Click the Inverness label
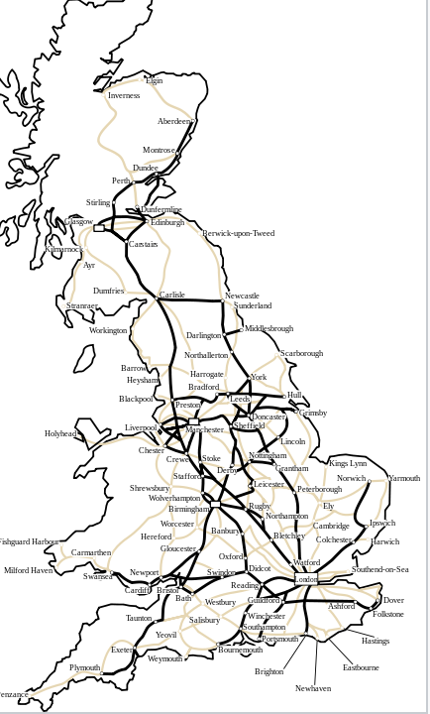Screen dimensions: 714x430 point(124,96)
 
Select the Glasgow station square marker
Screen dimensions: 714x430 point(98,228)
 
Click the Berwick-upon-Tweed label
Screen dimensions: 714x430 point(238,234)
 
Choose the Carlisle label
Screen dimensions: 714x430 point(171,296)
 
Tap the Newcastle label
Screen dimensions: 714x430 point(242,297)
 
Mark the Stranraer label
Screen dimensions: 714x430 point(82,306)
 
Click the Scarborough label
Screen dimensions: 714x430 point(301,354)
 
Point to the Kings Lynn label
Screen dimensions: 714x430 point(348,464)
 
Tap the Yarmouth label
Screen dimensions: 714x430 point(403,478)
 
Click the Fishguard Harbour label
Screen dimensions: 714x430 point(29,542)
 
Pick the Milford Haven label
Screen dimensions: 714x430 point(29,571)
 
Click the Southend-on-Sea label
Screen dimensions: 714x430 point(379,570)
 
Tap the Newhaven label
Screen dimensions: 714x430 point(313,688)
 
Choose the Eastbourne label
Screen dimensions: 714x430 point(361,668)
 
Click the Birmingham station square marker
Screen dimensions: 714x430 point(215,505)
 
